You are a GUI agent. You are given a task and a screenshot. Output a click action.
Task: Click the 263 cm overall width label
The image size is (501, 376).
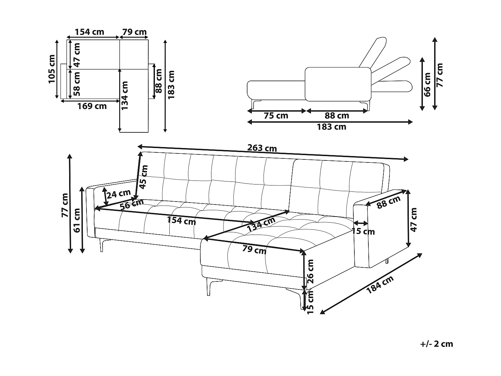pyautogui.click(x=262, y=148)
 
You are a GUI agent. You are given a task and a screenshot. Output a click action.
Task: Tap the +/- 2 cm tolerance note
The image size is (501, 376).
pyautogui.click(x=437, y=344)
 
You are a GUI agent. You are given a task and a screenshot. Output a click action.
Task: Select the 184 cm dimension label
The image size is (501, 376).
pyautogui.click(x=380, y=284)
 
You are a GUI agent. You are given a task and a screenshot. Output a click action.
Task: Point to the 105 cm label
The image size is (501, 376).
pyautogui.click(x=52, y=69)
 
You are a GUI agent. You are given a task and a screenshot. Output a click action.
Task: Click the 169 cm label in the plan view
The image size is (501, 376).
pyautogui.click(x=92, y=106)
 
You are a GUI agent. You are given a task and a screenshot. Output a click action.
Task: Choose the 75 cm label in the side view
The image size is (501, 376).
pyautogui.click(x=276, y=116)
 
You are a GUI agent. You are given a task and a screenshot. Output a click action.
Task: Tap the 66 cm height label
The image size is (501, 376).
pyautogui.click(x=427, y=84)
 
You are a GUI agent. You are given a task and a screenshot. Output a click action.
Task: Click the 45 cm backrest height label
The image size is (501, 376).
pyautogui.click(x=144, y=177)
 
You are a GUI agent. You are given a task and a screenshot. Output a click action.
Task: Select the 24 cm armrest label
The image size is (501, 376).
pyautogui.click(x=119, y=193)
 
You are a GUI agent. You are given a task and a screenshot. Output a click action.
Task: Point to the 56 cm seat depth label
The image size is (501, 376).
pyautogui.click(x=132, y=204)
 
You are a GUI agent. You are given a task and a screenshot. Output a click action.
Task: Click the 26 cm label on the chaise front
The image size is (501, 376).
pyautogui.click(x=310, y=271)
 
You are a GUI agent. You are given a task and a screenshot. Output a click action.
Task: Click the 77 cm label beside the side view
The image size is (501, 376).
pyautogui.click(x=440, y=75)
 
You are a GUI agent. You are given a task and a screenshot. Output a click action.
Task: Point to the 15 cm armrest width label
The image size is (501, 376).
pyautogui.click(x=363, y=231)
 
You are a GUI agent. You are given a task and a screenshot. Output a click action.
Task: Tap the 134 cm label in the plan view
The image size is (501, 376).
pyautogui.click(x=125, y=96)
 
